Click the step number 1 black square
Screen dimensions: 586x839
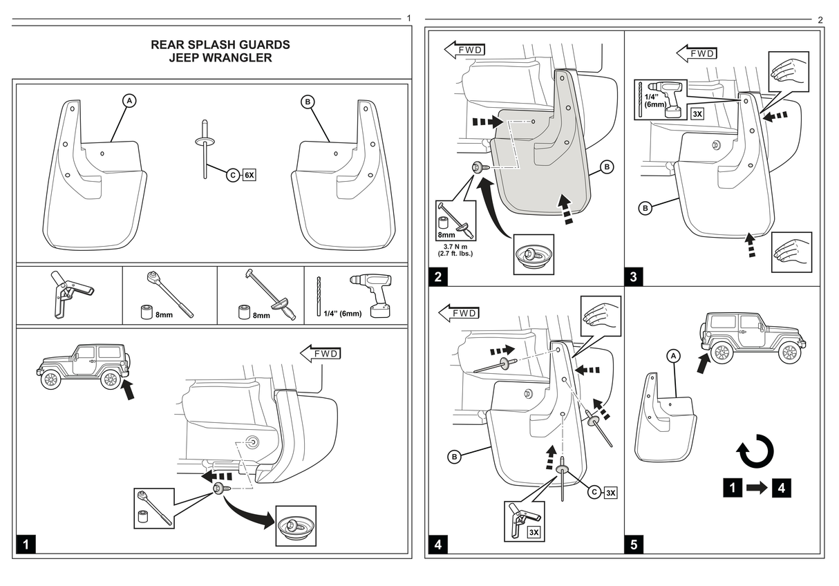click(26, 544)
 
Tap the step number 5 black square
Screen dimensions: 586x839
click(634, 544)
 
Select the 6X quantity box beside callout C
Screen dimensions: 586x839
click(249, 176)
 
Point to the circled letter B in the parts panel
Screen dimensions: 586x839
click(308, 102)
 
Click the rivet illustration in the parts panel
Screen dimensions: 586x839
click(205, 149)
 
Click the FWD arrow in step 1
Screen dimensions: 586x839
click(320, 354)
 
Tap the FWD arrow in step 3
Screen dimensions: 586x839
click(696, 53)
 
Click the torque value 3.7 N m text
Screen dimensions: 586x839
click(455, 246)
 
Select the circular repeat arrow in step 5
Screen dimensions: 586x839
click(755, 453)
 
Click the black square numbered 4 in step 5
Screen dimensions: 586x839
click(781, 488)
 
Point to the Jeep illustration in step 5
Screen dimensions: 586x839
click(753, 337)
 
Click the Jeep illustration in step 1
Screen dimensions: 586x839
click(83, 366)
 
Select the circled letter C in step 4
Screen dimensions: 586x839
click(594, 492)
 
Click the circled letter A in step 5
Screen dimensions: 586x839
click(674, 355)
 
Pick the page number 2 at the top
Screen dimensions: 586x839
click(820, 19)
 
